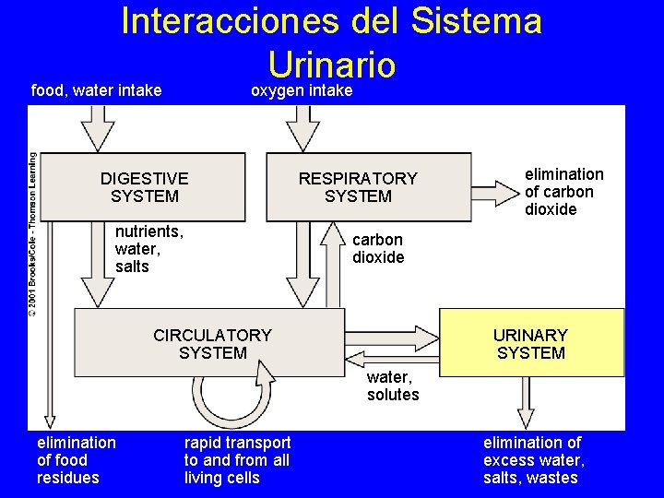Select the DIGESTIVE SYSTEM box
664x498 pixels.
coord(145,187)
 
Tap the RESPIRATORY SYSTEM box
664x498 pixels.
coord(358,187)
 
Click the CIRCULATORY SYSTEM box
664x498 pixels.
coord(212,343)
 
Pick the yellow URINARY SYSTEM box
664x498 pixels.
coord(530,343)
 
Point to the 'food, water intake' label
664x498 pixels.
coord(97,90)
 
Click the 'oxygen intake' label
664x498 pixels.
coord(302,90)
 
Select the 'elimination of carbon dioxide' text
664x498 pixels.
coord(563,192)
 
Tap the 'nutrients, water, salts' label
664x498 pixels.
coord(148,249)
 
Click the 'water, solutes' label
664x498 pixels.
coord(393,385)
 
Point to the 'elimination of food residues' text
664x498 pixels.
coord(77,460)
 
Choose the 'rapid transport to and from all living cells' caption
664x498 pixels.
coord(237,460)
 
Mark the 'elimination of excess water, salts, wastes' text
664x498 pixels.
coord(533,460)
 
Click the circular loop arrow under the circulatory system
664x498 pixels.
coord(234,397)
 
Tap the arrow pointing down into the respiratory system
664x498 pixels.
coord(301,127)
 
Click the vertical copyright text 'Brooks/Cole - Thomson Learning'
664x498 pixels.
coord(33,235)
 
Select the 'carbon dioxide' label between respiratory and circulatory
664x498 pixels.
coord(378,249)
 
